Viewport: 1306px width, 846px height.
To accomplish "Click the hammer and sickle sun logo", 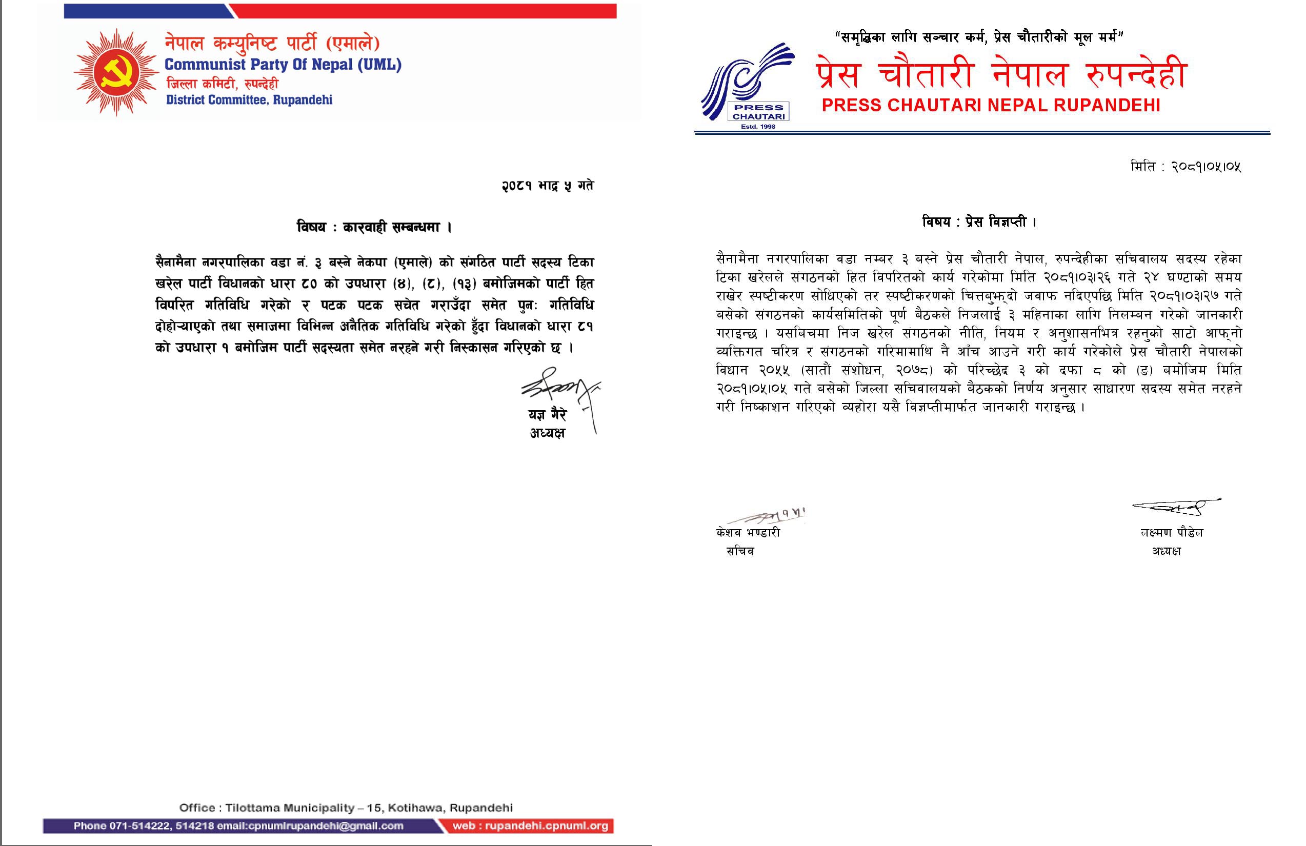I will coord(116,72).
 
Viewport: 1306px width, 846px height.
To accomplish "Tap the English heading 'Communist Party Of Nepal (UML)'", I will coord(283,65).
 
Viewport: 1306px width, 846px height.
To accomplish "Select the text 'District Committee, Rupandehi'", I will coord(249,100).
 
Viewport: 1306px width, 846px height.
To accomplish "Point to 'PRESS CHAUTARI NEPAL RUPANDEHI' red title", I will coord(991,105).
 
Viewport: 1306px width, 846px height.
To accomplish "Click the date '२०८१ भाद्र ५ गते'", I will coord(547,186).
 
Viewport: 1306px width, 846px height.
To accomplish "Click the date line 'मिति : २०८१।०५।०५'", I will coord(1186,166).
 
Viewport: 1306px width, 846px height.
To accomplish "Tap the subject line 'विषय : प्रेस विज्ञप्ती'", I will coord(979,222).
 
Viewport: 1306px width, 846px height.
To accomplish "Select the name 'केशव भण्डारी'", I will coord(748,533).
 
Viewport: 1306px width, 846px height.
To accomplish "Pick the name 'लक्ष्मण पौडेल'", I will coord(1171,533).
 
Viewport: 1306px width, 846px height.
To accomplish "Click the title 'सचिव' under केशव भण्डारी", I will coord(740,551).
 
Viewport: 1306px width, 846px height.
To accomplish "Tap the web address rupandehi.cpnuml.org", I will coord(530,825).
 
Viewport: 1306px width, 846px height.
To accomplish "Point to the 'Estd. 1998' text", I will coord(758,127).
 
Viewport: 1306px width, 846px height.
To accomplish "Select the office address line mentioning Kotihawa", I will coord(346,808).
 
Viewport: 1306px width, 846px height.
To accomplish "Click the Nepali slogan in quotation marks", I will coord(979,37).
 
